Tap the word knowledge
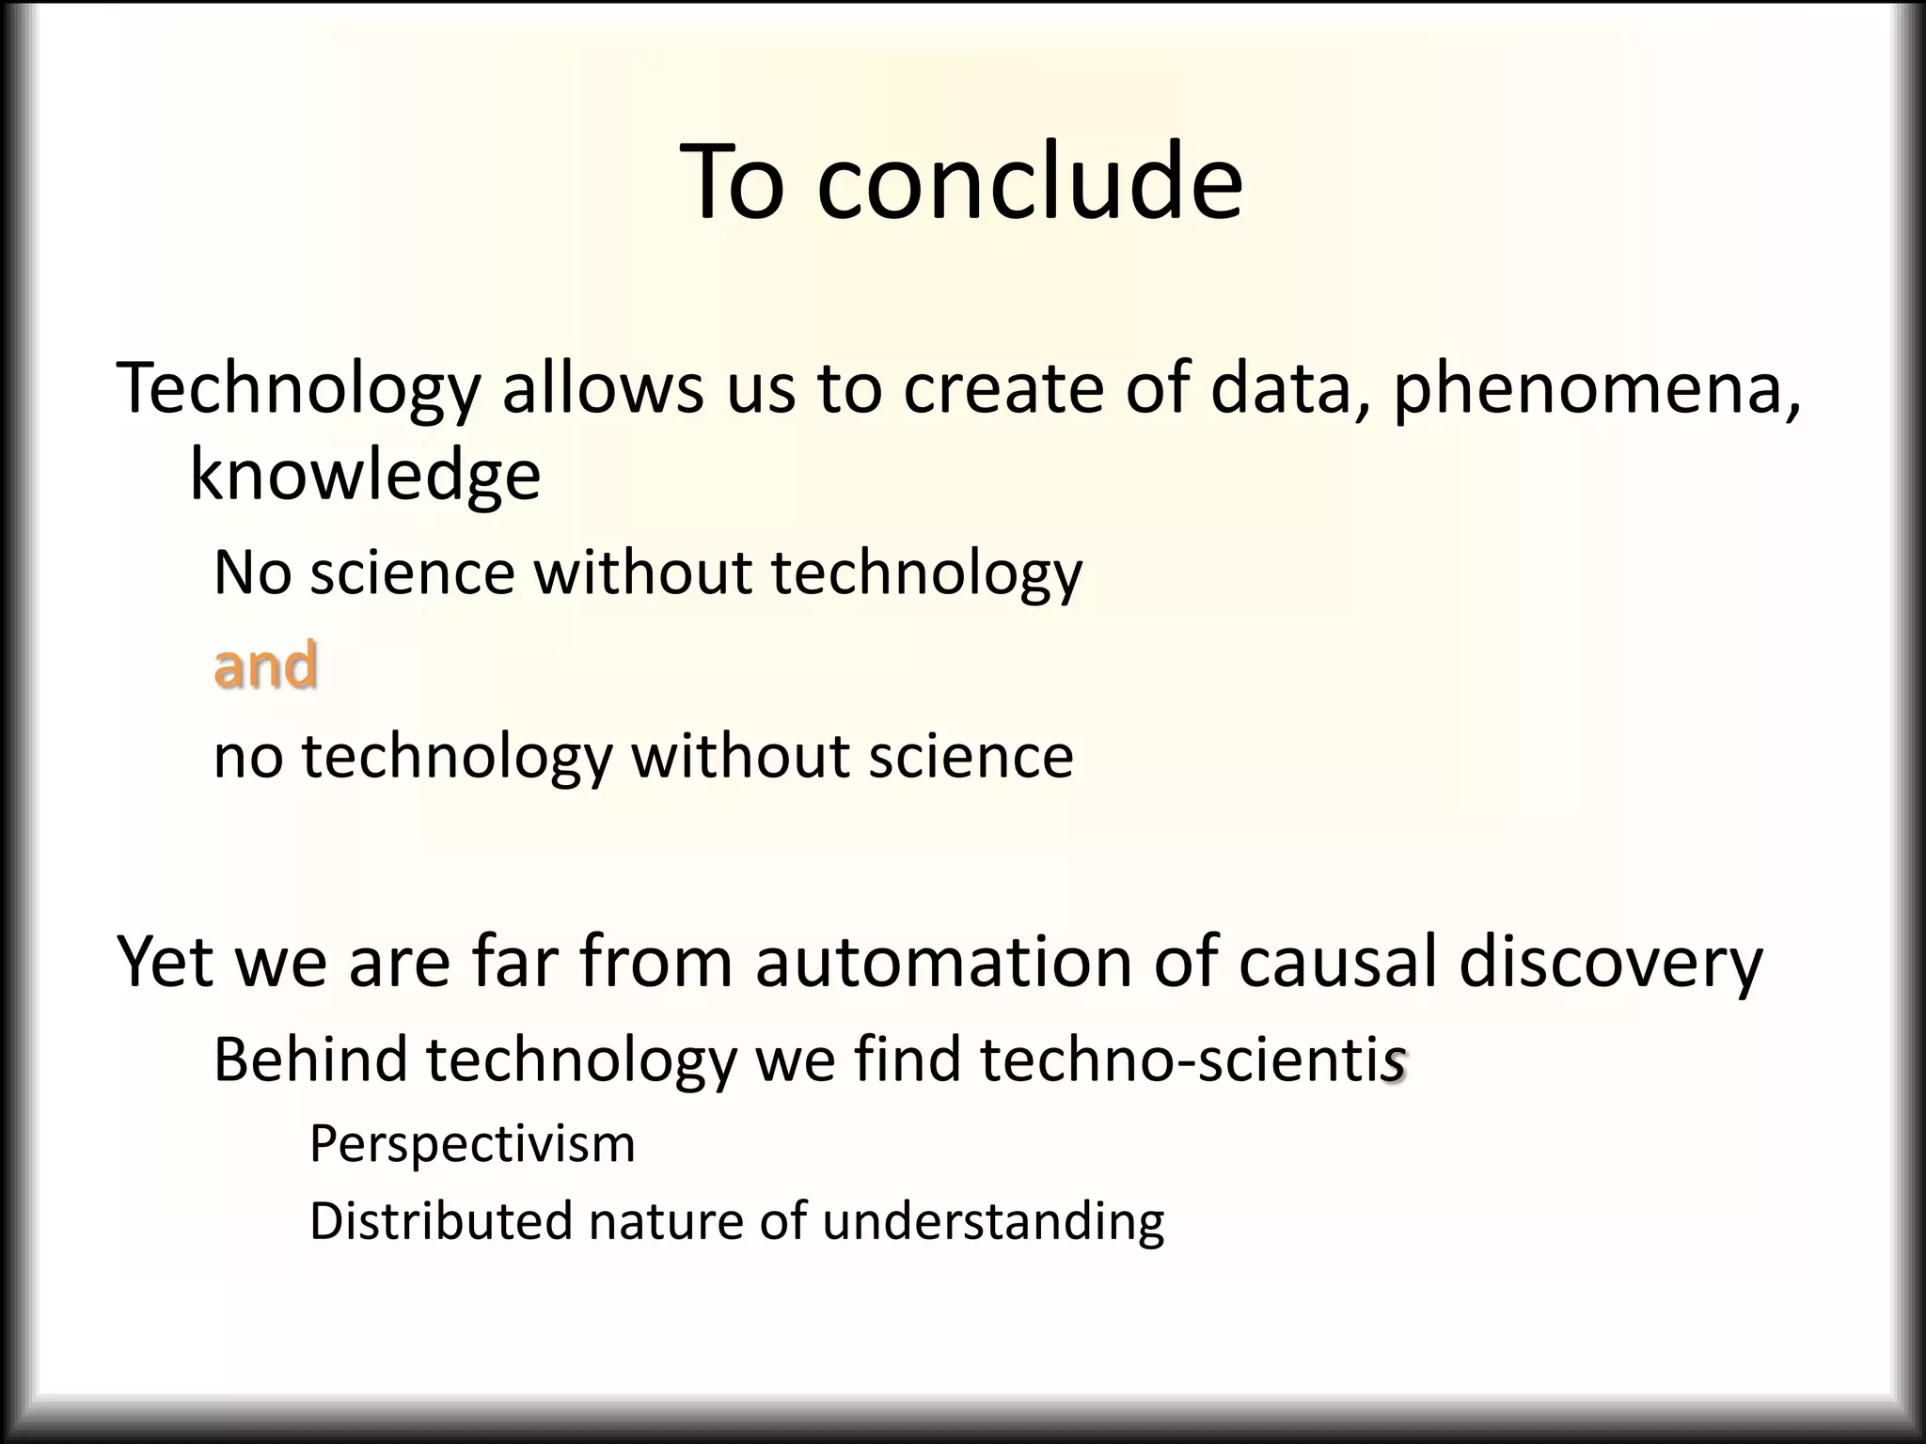(365, 475)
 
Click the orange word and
(265, 665)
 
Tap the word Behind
(309, 1059)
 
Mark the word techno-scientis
(1192, 1059)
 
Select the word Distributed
(440, 1221)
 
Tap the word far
(515, 963)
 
